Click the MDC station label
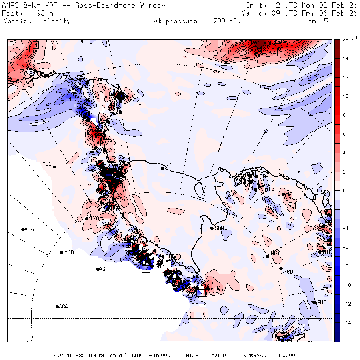click(x=47, y=164)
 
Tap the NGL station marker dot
click(x=163, y=168)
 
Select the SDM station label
click(x=219, y=228)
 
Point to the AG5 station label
click(x=29, y=230)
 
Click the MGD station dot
click(x=62, y=252)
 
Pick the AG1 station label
click(x=103, y=270)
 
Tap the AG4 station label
click(x=63, y=307)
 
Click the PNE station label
click(x=322, y=302)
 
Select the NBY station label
click(x=275, y=253)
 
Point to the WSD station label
click(x=288, y=272)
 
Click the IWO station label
click(x=94, y=218)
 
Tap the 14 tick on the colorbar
click(x=345, y=59)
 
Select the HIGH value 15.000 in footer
click(x=216, y=356)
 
